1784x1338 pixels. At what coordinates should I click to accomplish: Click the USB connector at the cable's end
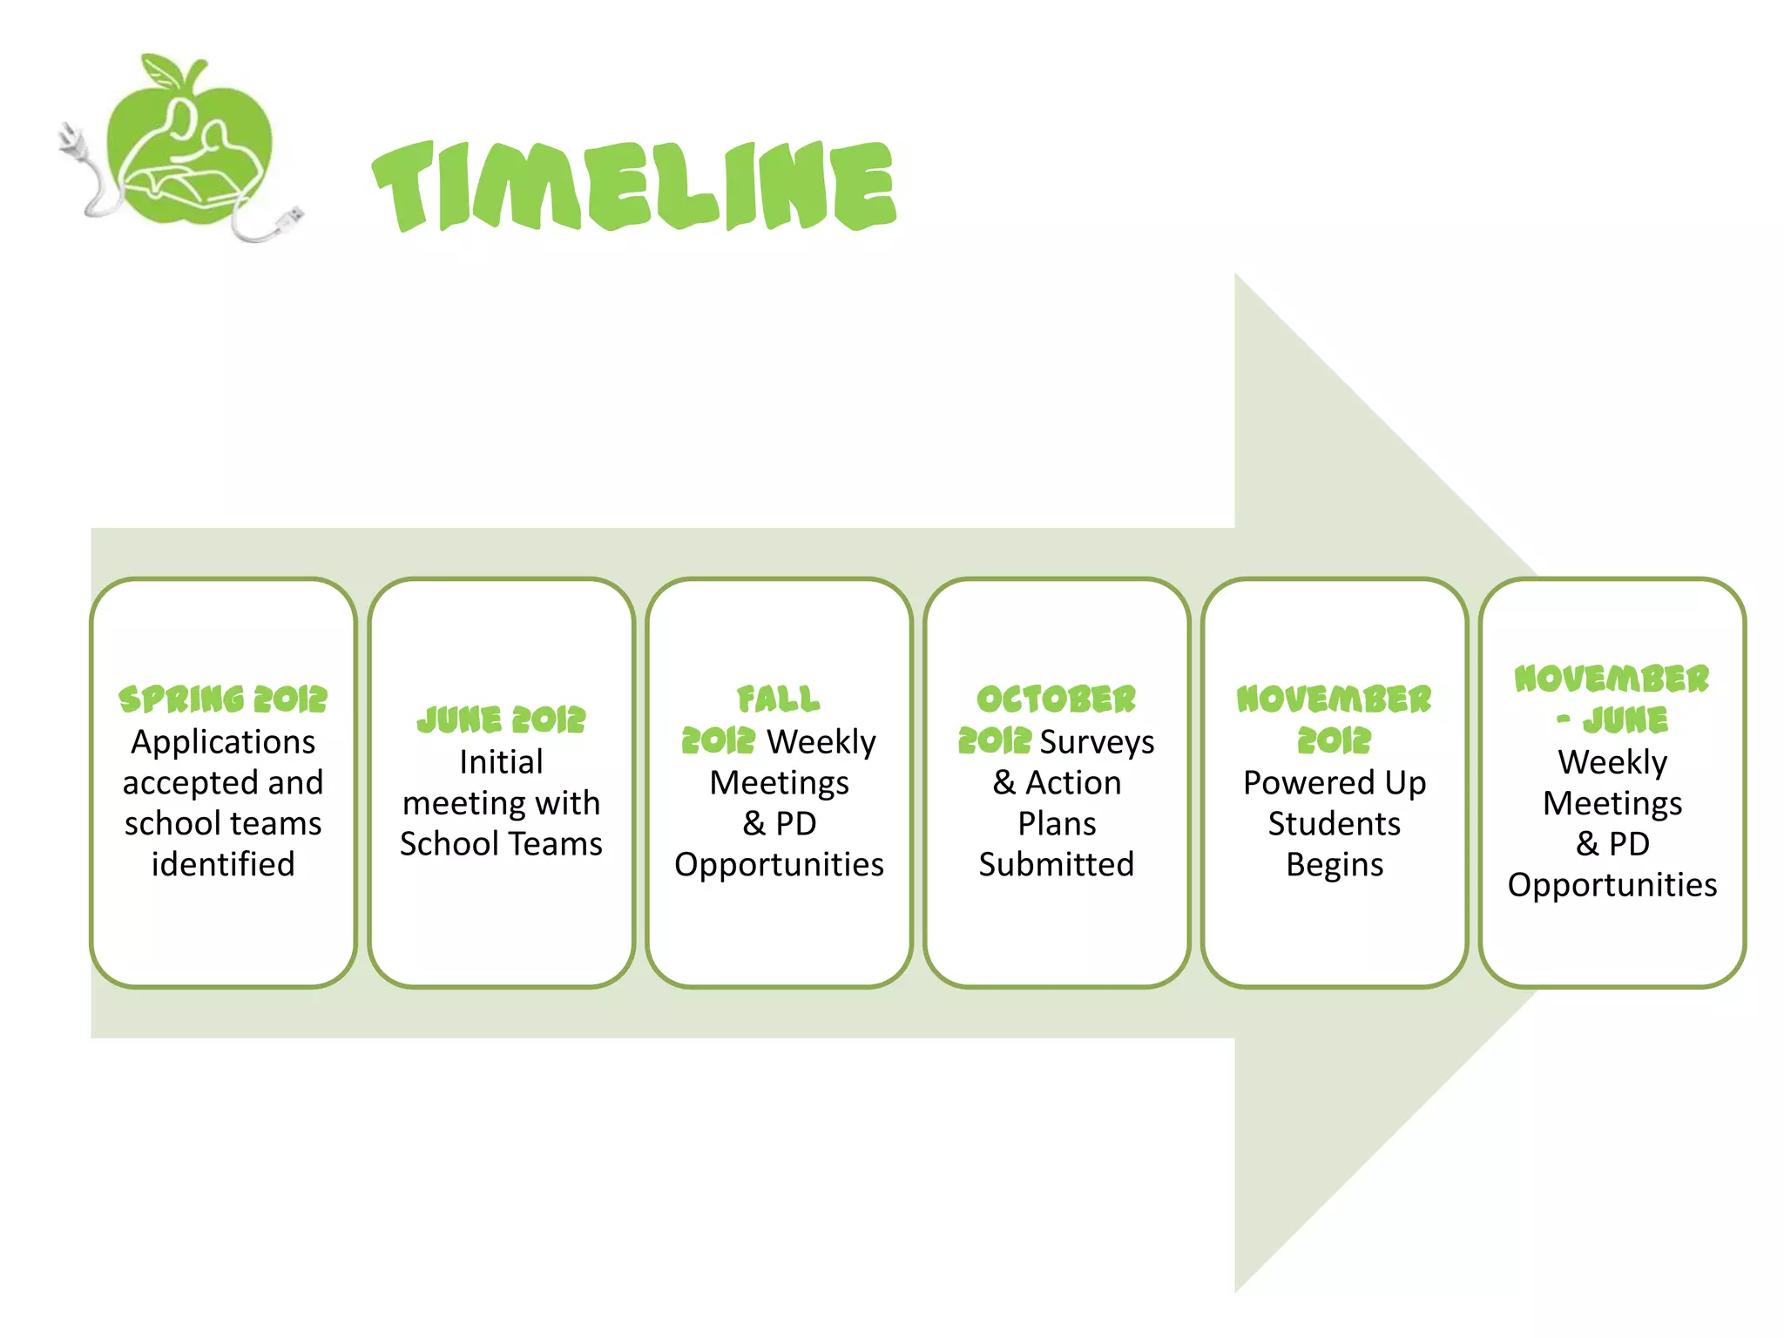click(x=291, y=219)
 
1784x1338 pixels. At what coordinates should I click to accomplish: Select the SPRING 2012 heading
click(x=223, y=699)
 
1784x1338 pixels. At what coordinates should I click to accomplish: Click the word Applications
click(x=223, y=742)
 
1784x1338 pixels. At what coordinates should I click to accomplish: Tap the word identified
click(x=223, y=864)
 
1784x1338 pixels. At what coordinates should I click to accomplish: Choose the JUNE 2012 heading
click(x=501, y=720)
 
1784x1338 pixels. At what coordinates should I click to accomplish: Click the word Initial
click(x=501, y=762)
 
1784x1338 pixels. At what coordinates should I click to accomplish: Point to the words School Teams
click(x=501, y=843)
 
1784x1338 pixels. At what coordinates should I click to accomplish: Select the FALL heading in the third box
click(x=779, y=699)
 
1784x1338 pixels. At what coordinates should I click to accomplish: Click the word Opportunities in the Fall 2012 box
click(x=779, y=864)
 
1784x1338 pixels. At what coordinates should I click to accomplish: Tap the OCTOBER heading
click(x=1056, y=699)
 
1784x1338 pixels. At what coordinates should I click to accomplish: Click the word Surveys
click(x=1097, y=742)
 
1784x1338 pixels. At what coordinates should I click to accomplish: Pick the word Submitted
click(x=1056, y=864)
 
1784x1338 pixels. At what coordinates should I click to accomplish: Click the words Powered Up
click(x=1335, y=782)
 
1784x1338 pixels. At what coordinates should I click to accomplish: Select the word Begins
click(x=1335, y=864)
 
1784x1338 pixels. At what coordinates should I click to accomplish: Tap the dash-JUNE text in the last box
click(x=1612, y=720)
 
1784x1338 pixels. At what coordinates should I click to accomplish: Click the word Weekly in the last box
click(x=1612, y=762)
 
